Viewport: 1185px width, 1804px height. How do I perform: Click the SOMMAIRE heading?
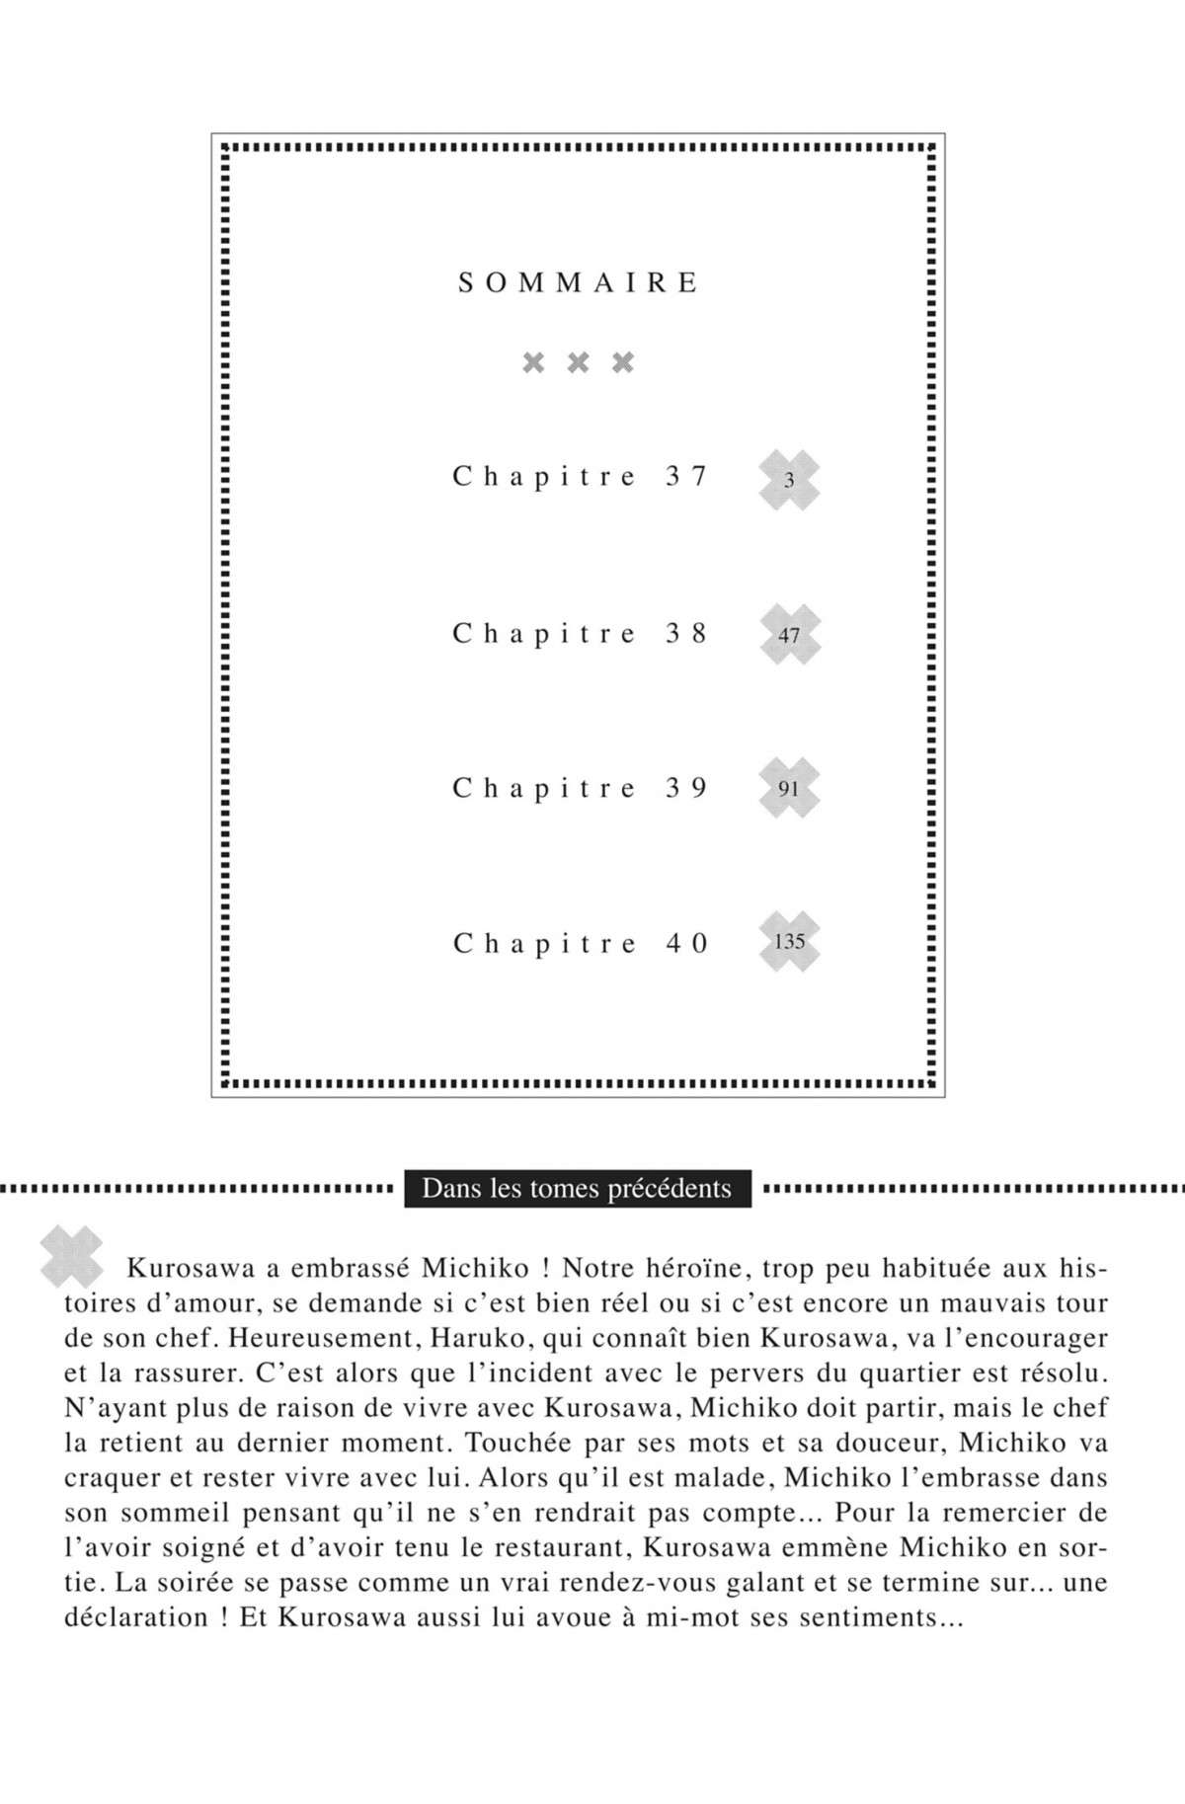tap(579, 283)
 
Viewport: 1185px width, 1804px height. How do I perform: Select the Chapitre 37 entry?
tap(581, 477)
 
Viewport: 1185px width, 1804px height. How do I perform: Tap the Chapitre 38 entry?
tap(581, 633)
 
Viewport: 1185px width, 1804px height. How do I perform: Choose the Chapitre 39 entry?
tap(581, 788)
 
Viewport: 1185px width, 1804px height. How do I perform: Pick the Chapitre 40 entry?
tap(581, 943)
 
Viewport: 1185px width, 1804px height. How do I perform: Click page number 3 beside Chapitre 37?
tap(789, 481)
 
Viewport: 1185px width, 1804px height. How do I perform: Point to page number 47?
tap(789, 635)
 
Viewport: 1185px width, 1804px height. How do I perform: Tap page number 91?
tap(789, 789)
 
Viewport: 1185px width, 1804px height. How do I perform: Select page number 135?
tap(789, 941)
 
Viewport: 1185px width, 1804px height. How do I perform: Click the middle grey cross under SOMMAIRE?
tap(579, 362)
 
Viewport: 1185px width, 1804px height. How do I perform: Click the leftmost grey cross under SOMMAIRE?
tap(533, 362)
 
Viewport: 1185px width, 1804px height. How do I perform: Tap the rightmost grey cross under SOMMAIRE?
tap(623, 362)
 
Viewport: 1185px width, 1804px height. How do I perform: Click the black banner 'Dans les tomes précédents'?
tap(577, 1188)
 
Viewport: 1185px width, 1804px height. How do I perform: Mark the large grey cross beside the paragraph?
tap(71, 1256)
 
